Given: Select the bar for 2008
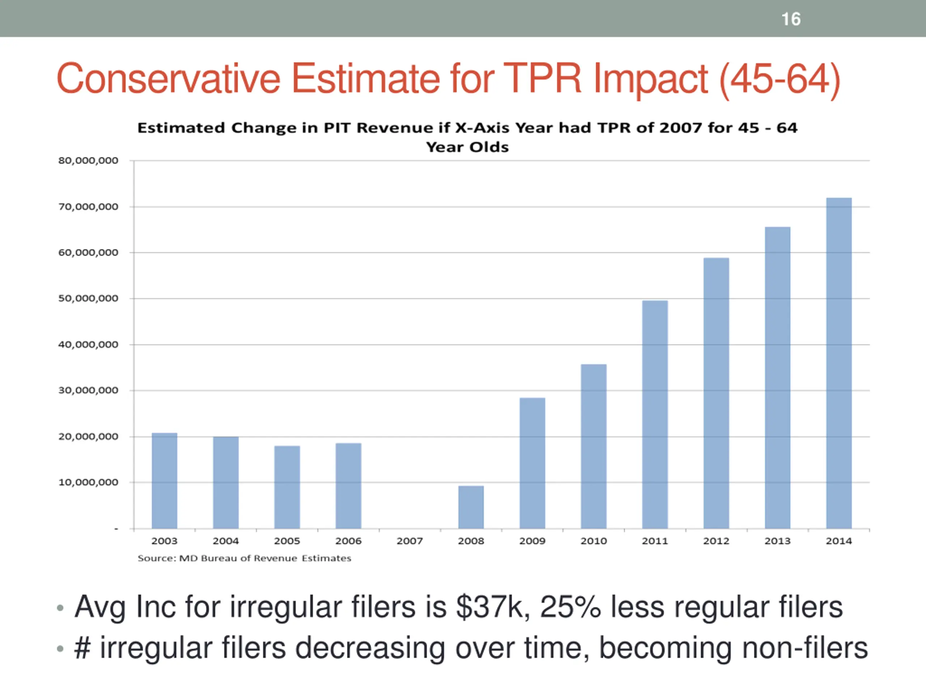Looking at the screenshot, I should pos(471,507).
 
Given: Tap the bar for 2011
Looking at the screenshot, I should pos(655,414).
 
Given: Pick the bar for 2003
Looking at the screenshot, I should pos(165,481).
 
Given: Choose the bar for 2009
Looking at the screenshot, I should pos(532,463).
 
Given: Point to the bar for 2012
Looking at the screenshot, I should pos(716,393).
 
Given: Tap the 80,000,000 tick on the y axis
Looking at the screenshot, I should pos(88,160).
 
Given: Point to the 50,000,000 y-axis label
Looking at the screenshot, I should pos(88,299).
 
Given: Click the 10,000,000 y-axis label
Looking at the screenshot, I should pos(88,482).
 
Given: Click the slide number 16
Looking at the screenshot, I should pos(791,19).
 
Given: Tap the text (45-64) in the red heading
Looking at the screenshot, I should pos(780,80).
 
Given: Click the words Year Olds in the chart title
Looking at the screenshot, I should pos(467,147).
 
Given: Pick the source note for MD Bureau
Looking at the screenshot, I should pos(244,558).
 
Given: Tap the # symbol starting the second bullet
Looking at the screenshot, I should pos(82,648).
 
